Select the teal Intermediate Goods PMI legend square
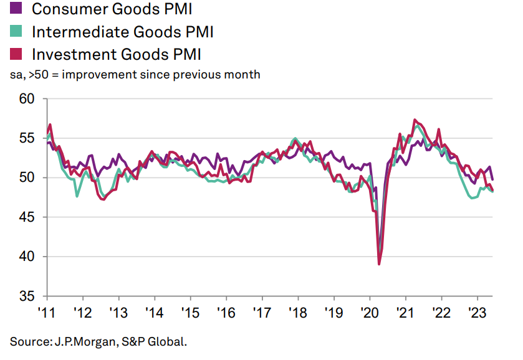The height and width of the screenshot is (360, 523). [17, 31]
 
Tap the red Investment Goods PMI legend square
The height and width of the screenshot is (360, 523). [17, 54]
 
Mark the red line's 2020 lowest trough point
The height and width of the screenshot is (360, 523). [379, 264]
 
